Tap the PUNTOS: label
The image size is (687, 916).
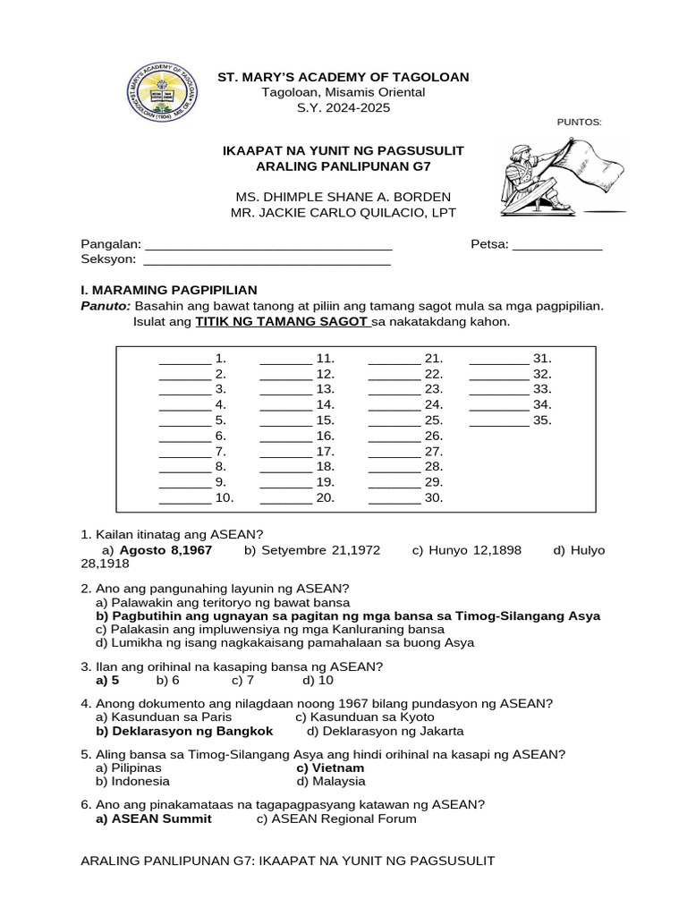pos(580,123)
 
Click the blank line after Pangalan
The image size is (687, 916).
pos(268,245)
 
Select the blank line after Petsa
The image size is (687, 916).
pos(557,245)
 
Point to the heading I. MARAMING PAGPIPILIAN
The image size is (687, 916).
pos(169,290)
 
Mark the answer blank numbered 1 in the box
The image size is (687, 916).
pos(185,360)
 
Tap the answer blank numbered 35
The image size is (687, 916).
pos(499,420)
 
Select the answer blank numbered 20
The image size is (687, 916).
pos(286,498)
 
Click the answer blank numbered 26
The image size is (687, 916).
pos(394,437)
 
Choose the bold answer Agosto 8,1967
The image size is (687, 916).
pos(165,550)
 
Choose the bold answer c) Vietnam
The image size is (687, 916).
pos(330,768)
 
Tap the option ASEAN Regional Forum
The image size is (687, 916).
pos(336,818)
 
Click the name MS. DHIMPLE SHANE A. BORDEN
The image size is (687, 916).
pos(343,197)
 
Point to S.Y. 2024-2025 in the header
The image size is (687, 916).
pos(343,107)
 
